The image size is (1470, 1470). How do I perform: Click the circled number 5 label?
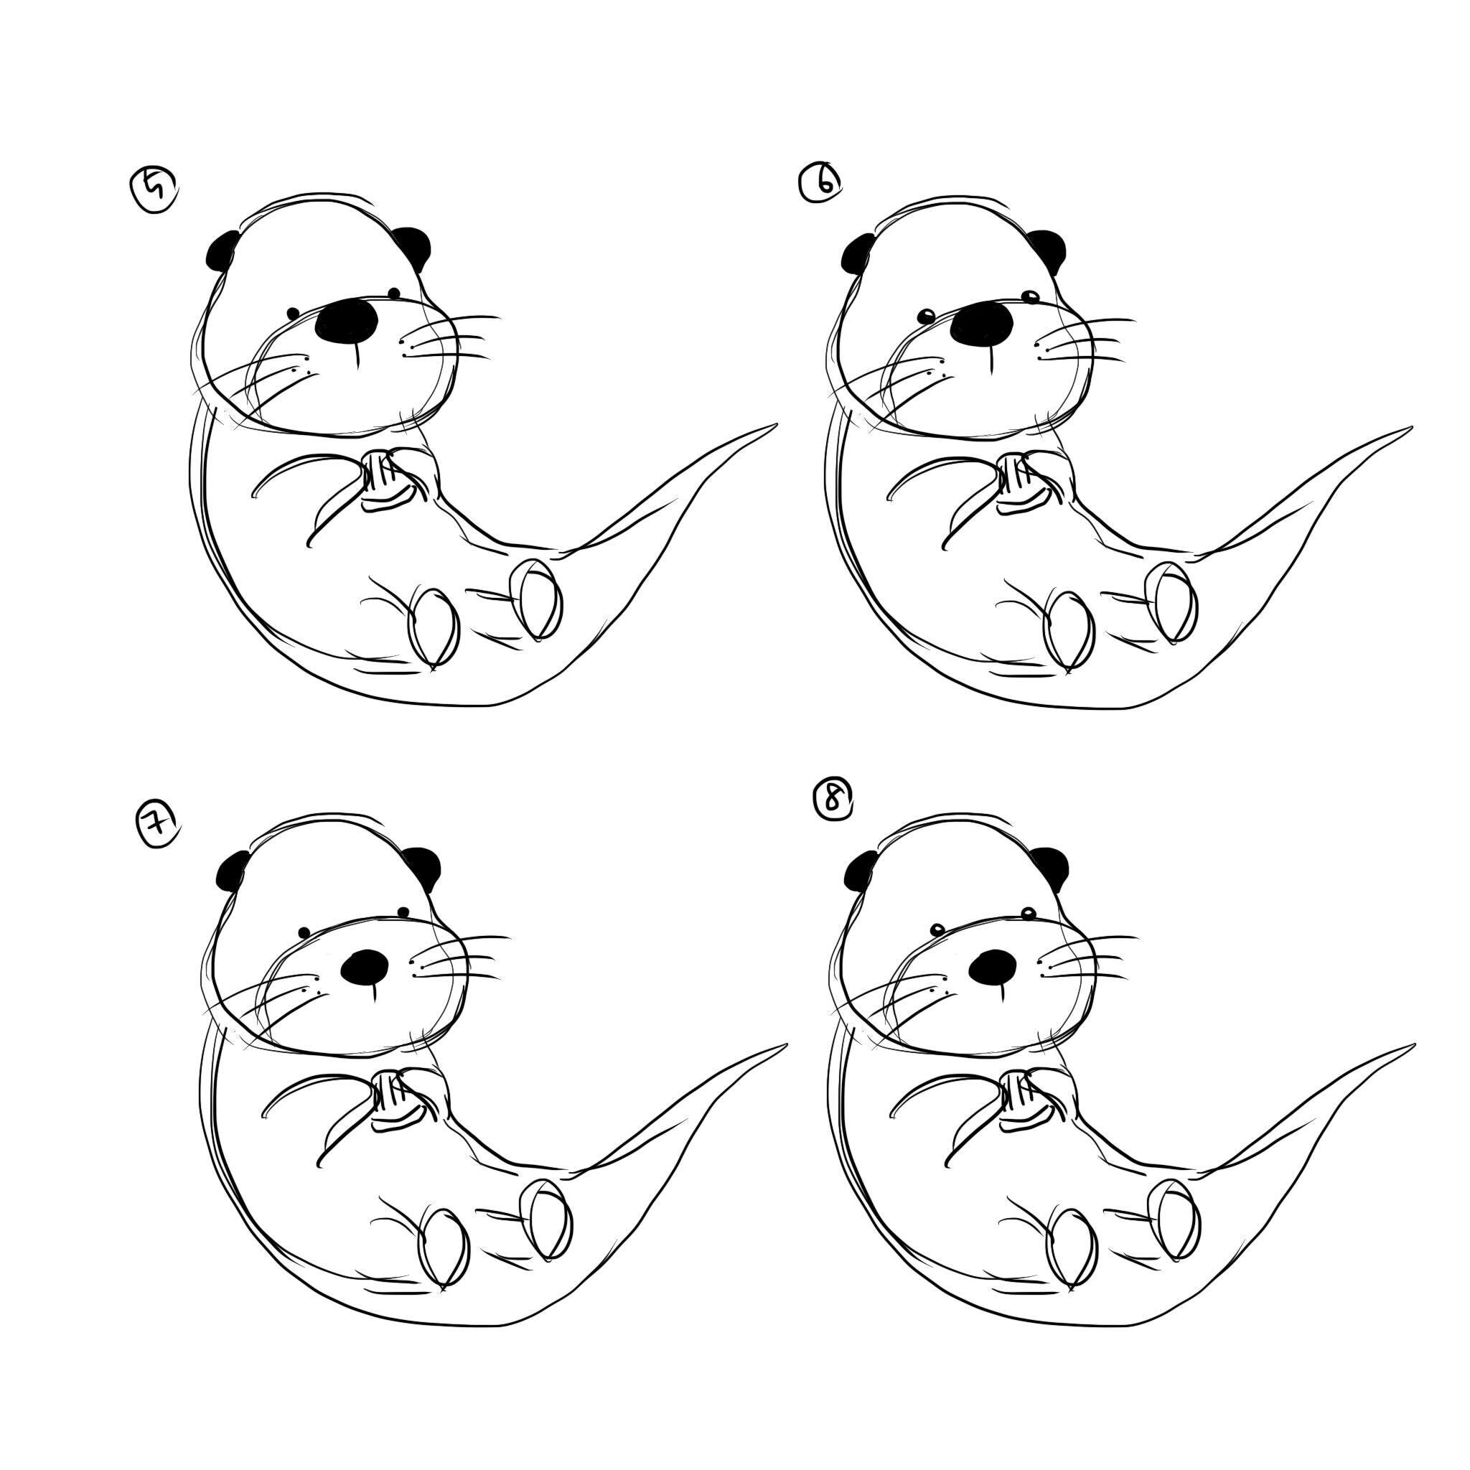[x=155, y=191]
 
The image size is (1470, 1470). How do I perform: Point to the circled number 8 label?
[x=833, y=800]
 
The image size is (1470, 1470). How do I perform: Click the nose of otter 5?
[x=347, y=320]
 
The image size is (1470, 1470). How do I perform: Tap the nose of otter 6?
[x=983, y=322]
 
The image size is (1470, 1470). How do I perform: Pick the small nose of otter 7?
[x=365, y=965]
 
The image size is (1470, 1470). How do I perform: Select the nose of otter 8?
[x=993, y=965]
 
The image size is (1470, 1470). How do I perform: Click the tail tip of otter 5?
[x=774, y=426]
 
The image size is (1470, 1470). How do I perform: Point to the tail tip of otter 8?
[x=1411, y=1047]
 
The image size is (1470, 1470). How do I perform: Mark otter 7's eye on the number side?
[x=304, y=932]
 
